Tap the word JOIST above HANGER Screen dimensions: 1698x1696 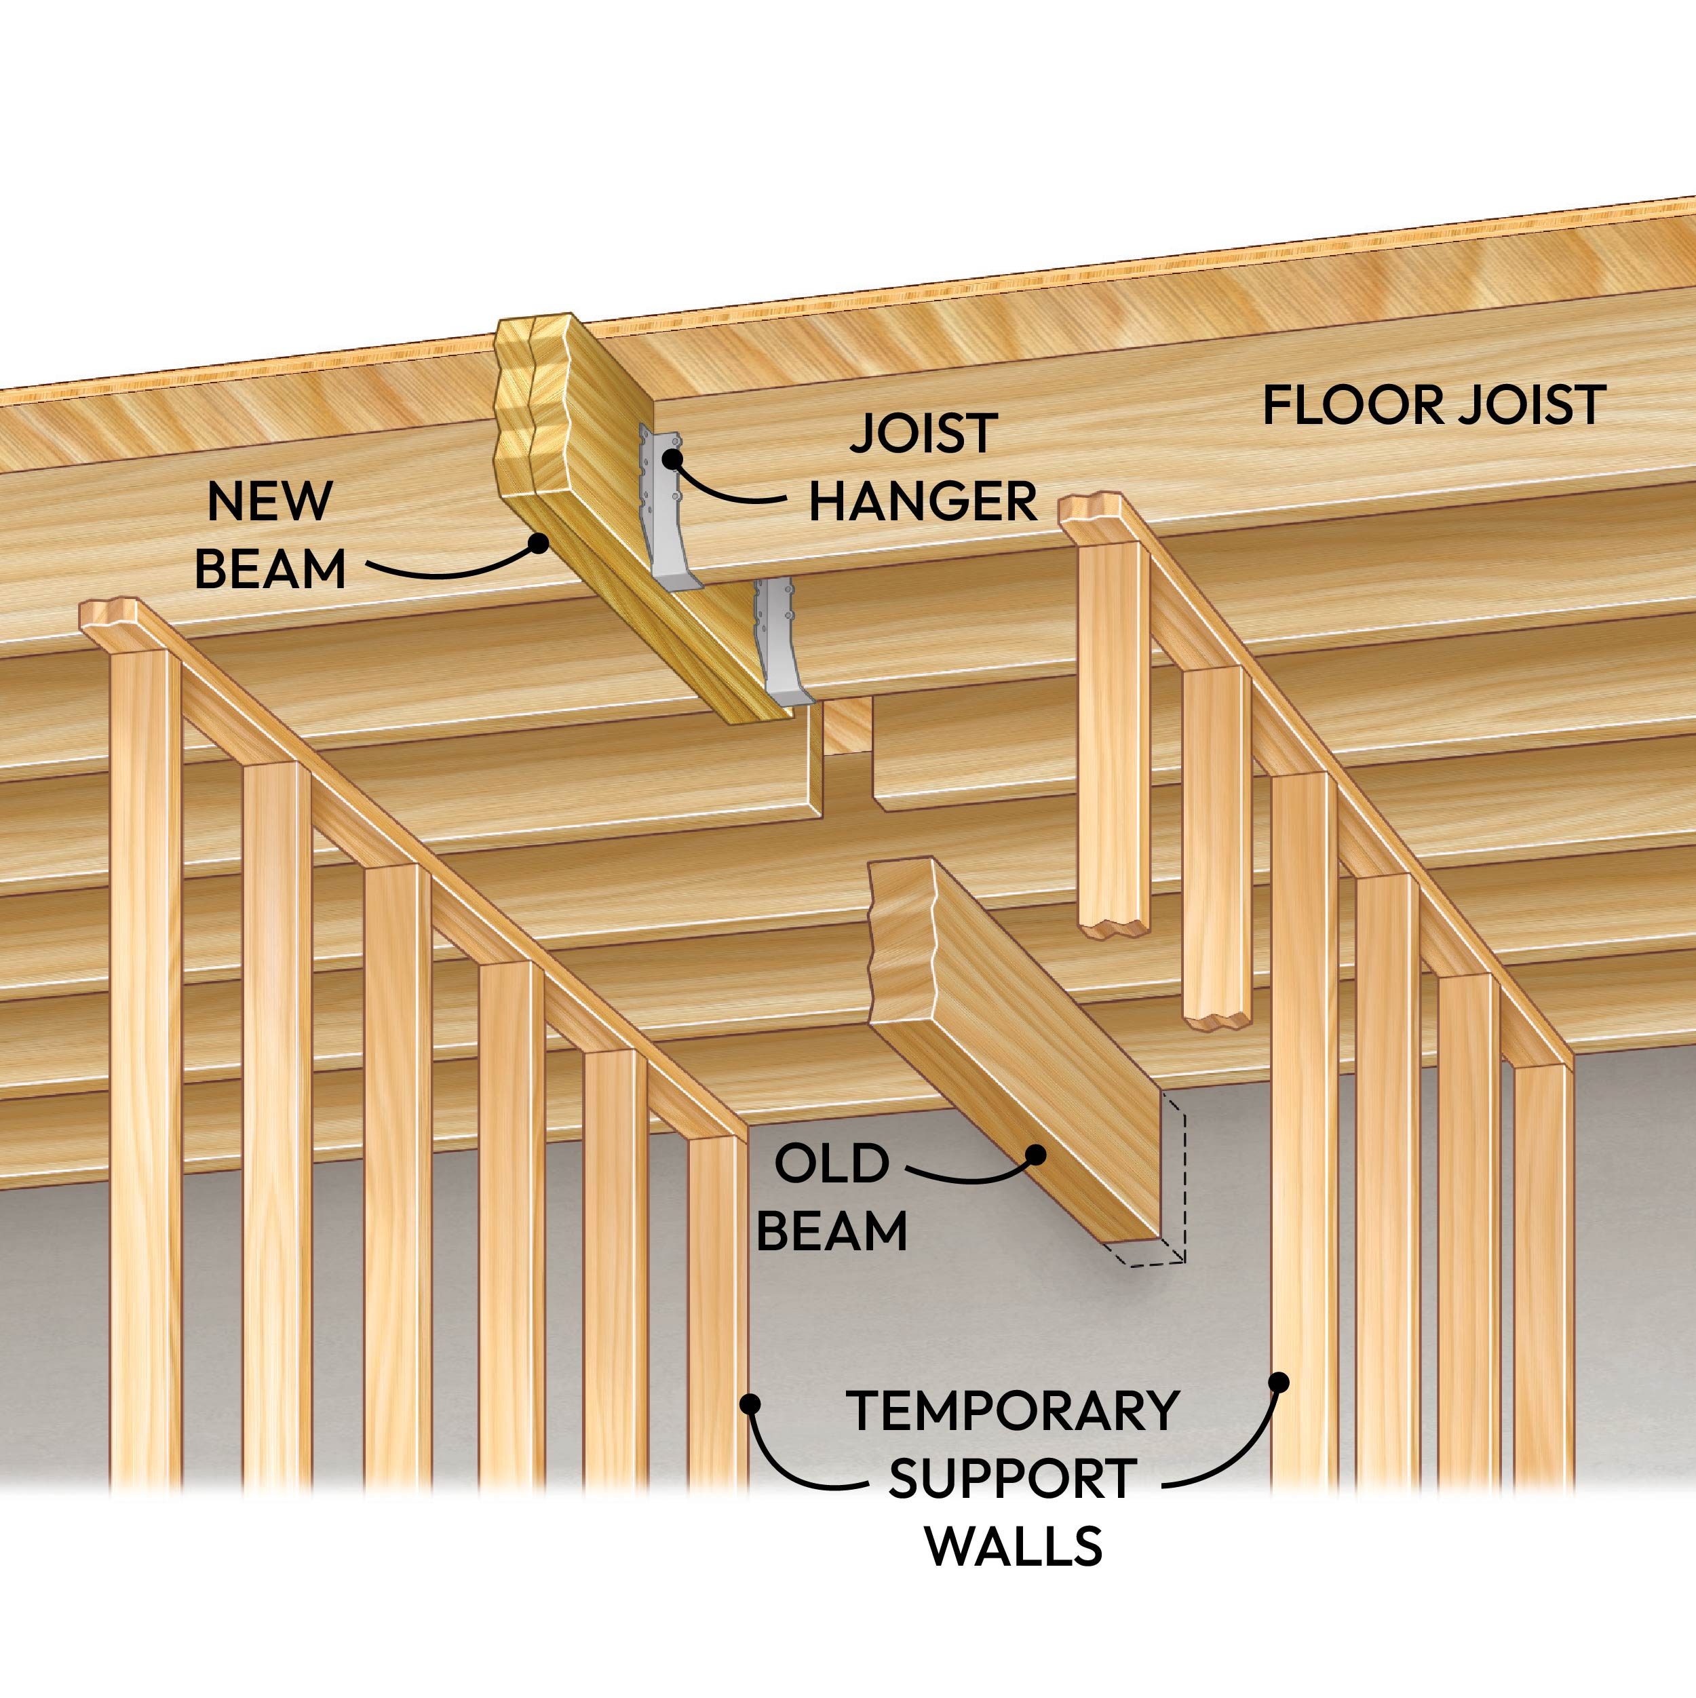tap(923, 433)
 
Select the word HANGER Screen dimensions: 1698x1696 tap(923, 502)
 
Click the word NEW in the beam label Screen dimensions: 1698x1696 tap(270, 502)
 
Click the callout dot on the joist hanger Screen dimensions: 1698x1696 tap(673, 458)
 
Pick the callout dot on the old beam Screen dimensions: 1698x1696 tap(1036, 1154)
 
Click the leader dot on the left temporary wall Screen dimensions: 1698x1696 tap(750, 1404)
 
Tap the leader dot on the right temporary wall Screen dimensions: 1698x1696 tap(1279, 1383)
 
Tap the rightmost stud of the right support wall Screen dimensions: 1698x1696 tap(1542, 1275)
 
